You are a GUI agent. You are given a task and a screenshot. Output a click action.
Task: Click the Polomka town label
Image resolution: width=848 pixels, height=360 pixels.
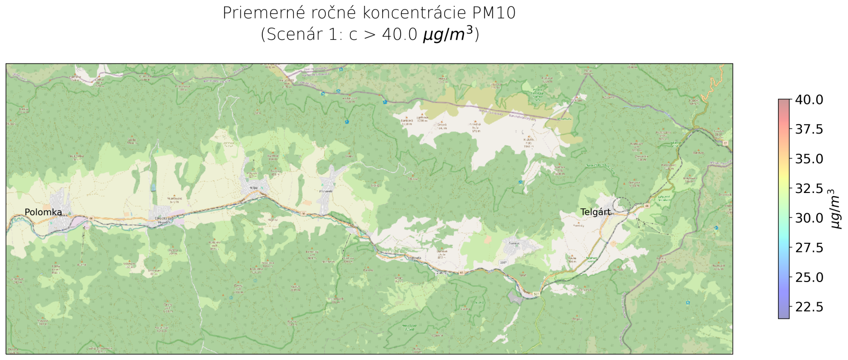pyautogui.click(x=43, y=213)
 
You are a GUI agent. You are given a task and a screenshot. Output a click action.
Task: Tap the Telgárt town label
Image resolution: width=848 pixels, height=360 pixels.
pyautogui.click(x=596, y=212)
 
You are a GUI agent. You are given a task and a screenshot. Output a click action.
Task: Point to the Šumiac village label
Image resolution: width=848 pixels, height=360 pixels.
pyautogui.click(x=513, y=243)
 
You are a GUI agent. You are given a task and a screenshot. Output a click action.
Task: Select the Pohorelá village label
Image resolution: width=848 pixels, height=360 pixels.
pyautogui.click(x=326, y=191)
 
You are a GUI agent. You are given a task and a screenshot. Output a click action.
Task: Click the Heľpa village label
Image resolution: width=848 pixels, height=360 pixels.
pyautogui.click(x=253, y=188)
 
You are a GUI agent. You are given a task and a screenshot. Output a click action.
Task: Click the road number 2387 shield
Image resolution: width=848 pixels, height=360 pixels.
pyautogui.click(x=503, y=262)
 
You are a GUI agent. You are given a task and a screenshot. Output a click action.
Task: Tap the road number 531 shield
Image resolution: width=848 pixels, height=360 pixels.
pyautogui.click(x=536, y=294)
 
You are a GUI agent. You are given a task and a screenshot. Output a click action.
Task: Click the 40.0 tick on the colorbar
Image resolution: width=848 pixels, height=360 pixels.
pyautogui.click(x=809, y=100)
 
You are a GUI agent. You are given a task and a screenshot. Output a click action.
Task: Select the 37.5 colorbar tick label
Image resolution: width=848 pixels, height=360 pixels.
pyautogui.click(x=809, y=129)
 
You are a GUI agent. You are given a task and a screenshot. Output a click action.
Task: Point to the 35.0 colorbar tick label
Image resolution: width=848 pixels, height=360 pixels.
pyautogui.click(x=809, y=159)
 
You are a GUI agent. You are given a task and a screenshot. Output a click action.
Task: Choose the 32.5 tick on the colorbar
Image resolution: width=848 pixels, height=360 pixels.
pyautogui.click(x=809, y=189)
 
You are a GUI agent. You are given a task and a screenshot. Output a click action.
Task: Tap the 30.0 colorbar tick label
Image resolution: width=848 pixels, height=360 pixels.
pyautogui.click(x=809, y=218)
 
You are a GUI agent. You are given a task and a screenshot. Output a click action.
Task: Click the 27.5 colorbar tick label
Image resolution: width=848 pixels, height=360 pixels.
pyautogui.click(x=809, y=248)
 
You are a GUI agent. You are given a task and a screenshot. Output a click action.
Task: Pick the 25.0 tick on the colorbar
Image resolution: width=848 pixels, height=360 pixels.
pyautogui.click(x=809, y=277)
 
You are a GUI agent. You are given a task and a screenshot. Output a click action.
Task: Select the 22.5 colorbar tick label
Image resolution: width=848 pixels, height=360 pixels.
pyautogui.click(x=809, y=307)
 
